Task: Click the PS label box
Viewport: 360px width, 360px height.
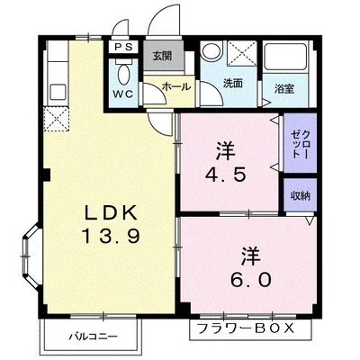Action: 123,48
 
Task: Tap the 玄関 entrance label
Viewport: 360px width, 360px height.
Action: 162,56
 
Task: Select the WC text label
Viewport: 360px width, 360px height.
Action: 123,94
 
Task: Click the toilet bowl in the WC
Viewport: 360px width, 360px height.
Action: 123,75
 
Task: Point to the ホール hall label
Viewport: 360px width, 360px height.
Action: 176,87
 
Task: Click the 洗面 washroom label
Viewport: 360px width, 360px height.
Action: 233,83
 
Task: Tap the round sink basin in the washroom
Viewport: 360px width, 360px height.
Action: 211,51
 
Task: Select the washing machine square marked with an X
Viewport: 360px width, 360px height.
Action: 242,54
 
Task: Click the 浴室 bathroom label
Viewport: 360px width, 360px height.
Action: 284,89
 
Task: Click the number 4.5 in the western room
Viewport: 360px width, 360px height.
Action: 226,175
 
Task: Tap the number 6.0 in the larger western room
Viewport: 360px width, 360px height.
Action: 251,280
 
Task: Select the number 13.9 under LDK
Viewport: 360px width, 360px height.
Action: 111,236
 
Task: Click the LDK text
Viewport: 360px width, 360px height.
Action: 111,212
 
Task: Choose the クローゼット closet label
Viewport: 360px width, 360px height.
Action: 301,144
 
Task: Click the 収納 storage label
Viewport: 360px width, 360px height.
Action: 301,195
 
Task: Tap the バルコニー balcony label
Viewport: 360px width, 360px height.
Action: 93,337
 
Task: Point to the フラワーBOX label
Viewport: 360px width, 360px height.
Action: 245,328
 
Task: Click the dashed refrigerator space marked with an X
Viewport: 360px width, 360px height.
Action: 57,119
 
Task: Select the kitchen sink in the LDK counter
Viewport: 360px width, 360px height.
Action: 58,92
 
